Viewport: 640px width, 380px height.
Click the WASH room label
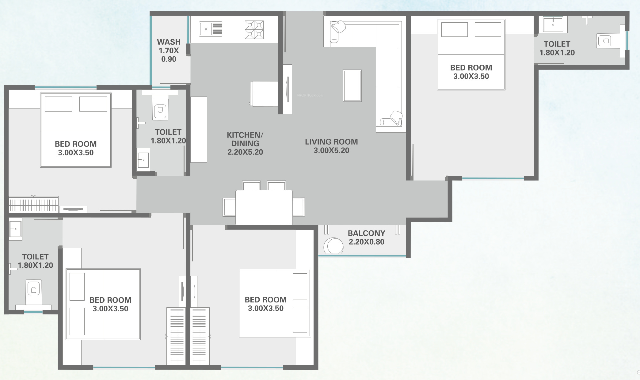169,42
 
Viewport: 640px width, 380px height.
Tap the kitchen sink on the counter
211,29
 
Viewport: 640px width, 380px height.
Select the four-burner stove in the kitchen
254,30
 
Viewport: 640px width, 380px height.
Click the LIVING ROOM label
331,142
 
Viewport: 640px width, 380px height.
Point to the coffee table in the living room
352,85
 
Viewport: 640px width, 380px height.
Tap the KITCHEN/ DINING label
245,139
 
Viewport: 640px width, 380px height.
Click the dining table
264,207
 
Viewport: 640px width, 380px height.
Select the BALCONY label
366,233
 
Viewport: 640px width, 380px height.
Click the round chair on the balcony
333,246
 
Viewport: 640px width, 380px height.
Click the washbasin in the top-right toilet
553,24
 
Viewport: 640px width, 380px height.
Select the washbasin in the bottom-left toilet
15,229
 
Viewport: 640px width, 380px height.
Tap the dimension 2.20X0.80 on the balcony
366,242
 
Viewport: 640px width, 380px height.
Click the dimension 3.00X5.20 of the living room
331,150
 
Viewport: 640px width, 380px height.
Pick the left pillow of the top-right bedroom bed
455,30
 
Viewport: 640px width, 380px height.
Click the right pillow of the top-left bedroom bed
93,104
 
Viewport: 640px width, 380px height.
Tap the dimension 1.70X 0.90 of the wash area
169,55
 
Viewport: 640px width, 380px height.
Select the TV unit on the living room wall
287,89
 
